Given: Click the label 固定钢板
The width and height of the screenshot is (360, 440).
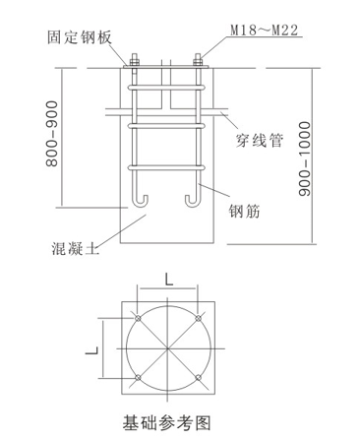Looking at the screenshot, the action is (80, 37).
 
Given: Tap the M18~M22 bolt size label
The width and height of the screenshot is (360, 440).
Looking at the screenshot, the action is (265, 31).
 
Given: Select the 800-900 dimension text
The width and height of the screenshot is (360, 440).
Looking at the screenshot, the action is (52, 134).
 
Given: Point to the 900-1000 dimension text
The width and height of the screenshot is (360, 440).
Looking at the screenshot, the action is (305, 158).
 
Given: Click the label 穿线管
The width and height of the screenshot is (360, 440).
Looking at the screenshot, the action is (260, 141).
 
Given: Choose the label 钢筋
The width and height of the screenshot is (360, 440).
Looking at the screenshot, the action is (244, 211).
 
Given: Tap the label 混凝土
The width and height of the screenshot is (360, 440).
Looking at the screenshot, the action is (75, 248).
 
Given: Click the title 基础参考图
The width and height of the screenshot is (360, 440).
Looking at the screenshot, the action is (167, 422).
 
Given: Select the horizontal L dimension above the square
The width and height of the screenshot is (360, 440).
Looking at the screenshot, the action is (168, 281).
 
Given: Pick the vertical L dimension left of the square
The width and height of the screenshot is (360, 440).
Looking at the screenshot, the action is (92, 350).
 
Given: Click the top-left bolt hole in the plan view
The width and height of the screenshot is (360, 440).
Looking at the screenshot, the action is (138, 318).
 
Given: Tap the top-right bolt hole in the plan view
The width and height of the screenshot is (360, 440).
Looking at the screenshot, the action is (198, 318).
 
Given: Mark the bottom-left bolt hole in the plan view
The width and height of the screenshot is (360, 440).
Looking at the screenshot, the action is (138, 377).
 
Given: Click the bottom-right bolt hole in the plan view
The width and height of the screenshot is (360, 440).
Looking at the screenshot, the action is (198, 377).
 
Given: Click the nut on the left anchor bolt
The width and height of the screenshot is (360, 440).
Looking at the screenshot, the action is (135, 61).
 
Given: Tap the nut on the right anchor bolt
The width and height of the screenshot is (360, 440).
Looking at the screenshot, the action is (198, 61).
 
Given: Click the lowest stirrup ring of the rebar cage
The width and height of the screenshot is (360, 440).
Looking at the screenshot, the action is (166, 167).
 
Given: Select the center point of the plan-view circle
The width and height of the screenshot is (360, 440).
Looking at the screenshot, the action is (168, 348).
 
